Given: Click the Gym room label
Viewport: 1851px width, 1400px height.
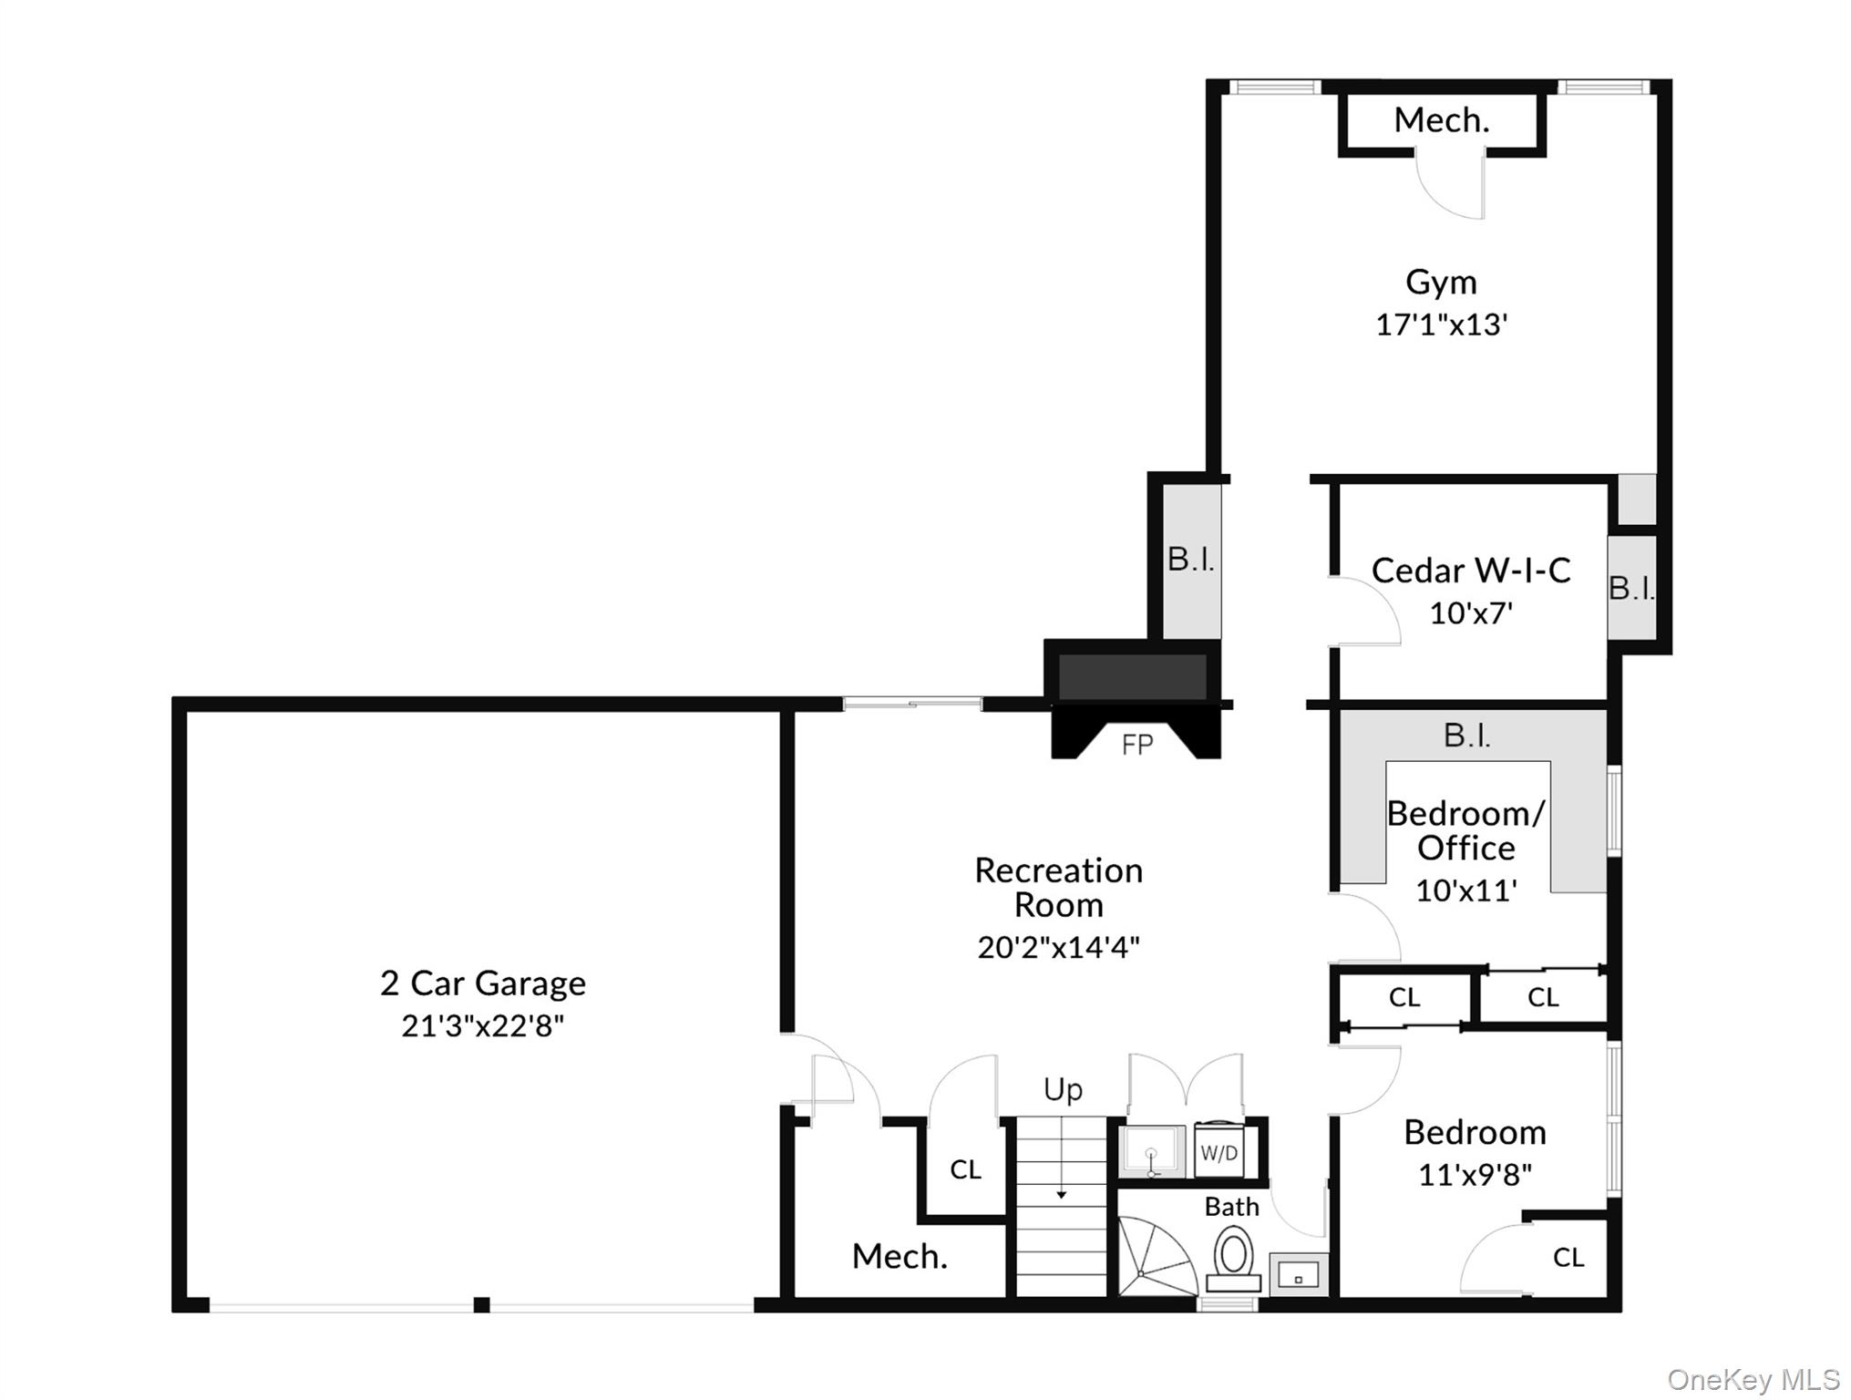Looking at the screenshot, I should tap(1440, 283).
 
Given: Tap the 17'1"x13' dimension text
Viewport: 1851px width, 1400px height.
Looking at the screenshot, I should tap(1441, 325).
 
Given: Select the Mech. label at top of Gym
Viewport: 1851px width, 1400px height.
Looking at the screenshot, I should tap(1441, 120).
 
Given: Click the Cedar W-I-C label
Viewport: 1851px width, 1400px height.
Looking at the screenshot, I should tap(1470, 571).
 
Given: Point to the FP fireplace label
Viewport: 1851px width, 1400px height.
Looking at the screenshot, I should tap(1136, 745).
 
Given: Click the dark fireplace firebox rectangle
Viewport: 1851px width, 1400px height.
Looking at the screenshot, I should tap(1131, 676).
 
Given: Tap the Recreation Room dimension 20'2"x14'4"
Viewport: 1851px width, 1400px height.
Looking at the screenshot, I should tap(1058, 948).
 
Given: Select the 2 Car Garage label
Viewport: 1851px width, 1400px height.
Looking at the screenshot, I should tap(482, 983).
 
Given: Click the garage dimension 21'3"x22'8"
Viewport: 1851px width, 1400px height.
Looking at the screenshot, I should tap(482, 1026).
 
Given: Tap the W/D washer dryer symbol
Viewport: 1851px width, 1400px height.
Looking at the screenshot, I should tap(1219, 1153).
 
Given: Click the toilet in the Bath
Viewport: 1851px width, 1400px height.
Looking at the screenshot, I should tap(1233, 1256).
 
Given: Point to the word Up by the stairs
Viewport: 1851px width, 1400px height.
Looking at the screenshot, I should tap(1063, 1090).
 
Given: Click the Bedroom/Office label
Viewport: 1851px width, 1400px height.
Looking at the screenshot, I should tap(1465, 830).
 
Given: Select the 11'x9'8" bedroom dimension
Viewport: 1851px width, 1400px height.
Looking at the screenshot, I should tap(1474, 1176).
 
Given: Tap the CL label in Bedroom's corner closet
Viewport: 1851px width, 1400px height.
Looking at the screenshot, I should tap(1568, 1258).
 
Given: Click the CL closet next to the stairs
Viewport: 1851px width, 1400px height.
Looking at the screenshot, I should tap(965, 1169).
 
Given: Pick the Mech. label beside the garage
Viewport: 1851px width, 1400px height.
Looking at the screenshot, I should tap(900, 1257).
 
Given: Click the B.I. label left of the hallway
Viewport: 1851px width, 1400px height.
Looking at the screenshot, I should tap(1191, 560).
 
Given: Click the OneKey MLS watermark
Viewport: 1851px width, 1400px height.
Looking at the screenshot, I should tap(1753, 1380).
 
